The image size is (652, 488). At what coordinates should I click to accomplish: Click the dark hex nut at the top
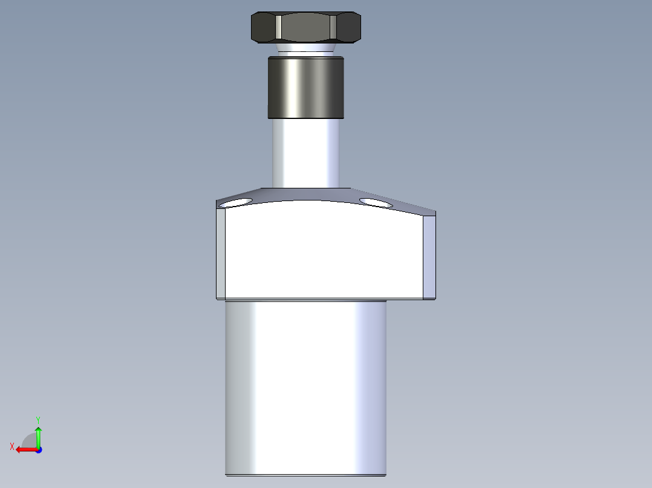point(305,27)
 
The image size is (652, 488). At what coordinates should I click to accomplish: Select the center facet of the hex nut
point(305,28)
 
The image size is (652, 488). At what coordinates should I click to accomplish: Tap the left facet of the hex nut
point(263,28)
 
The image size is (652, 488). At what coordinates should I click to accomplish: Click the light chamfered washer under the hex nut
point(305,47)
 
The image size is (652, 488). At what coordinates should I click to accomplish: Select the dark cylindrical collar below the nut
point(305,87)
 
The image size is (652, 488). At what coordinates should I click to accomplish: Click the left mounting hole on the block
point(237,202)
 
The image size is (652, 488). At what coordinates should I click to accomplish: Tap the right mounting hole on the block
point(376,202)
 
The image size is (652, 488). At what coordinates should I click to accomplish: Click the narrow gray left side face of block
point(221,254)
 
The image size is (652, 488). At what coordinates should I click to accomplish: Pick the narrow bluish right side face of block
point(429,257)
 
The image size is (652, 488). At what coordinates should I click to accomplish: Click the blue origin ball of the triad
point(38,450)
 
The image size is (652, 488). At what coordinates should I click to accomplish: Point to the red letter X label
point(12,446)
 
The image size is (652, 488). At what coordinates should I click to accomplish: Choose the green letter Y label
point(38,419)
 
